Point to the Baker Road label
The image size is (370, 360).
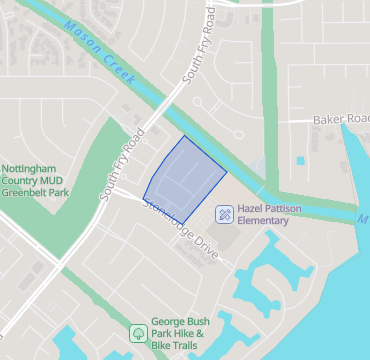coord(341,118)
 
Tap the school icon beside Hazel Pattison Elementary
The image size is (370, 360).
coord(225,213)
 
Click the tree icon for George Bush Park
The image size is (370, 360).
coord(137,332)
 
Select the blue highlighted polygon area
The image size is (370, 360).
coord(183,180)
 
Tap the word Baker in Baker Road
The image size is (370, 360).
coord(327,118)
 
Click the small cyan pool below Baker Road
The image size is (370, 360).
coord(299,159)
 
